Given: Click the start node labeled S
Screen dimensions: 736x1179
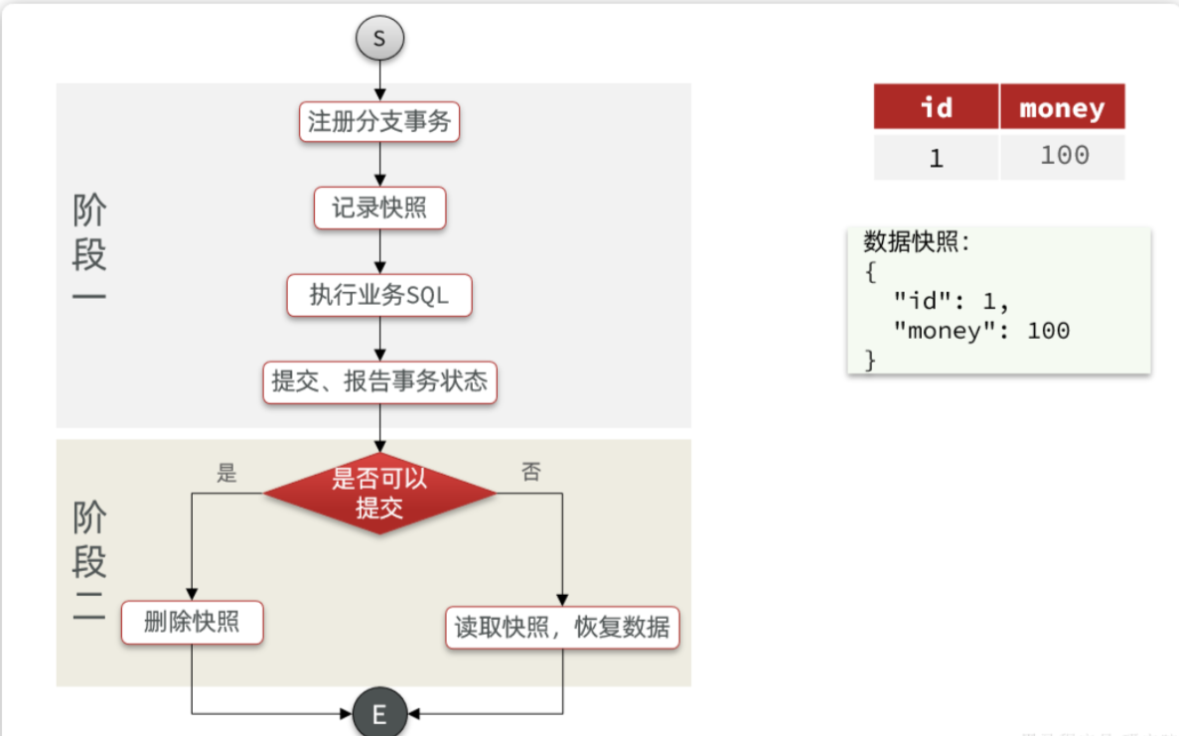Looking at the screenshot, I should [x=379, y=40].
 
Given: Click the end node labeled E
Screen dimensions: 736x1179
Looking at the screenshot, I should [x=378, y=713].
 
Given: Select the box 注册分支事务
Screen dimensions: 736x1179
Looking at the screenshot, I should [x=379, y=122].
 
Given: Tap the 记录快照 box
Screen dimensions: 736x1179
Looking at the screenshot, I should [x=379, y=210].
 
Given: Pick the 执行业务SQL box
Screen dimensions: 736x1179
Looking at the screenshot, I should [x=379, y=296].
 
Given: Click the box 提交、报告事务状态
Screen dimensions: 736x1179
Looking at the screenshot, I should [x=379, y=382].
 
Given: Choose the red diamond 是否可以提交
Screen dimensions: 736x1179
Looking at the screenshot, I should [x=379, y=493].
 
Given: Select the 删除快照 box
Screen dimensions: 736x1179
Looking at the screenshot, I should [x=192, y=623].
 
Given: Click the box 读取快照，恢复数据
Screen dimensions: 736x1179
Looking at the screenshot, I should [x=562, y=628].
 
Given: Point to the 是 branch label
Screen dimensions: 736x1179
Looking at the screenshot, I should [x=227, y=473].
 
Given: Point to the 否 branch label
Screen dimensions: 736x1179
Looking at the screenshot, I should [x=532, y=473].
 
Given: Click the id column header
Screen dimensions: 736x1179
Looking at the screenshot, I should [x=936, y=106].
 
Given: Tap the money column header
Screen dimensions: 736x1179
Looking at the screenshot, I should [x=1062, y=107].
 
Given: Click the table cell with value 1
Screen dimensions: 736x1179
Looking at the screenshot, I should [x=936, y=157].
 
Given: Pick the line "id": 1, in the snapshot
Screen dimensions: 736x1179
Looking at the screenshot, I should [x=952, y=300].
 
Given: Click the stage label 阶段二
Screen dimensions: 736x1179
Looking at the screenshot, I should [x=89, y=562].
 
